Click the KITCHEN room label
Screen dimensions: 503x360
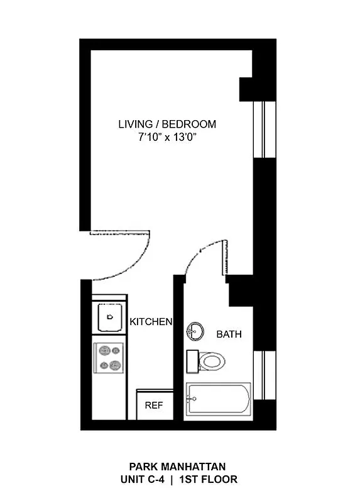coord(151,322)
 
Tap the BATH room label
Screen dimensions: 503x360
coord(229,334)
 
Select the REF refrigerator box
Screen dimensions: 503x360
coord(154,406)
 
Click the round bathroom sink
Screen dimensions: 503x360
coord(195,331)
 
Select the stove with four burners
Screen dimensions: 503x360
coord(109,357)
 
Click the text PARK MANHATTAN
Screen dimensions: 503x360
coord(177,467)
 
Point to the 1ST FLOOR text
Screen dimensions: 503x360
coord(208,479)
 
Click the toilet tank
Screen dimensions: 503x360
coord(192,362)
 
